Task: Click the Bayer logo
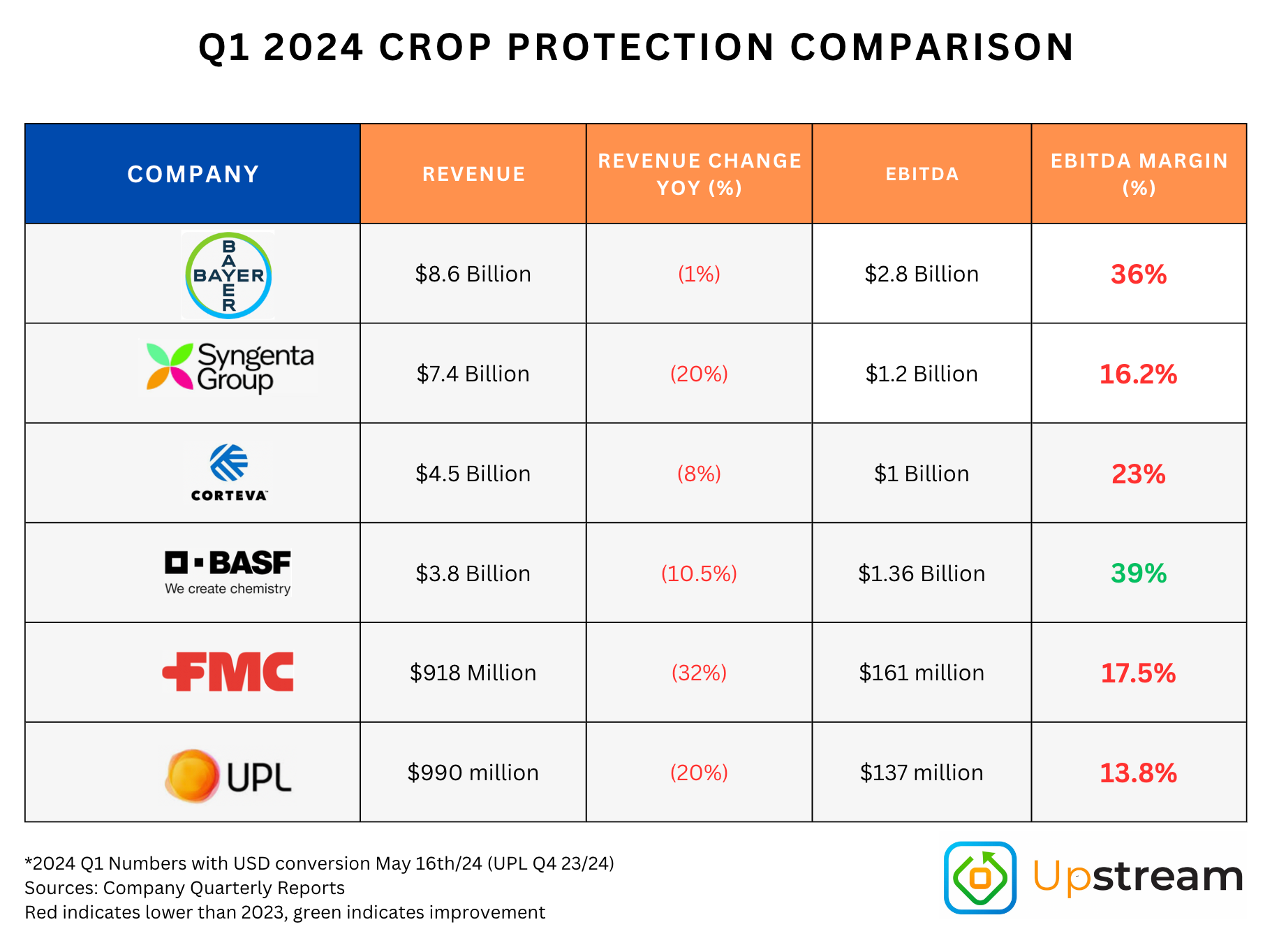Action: tap(228, 275)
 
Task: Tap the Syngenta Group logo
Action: tap(230, 367)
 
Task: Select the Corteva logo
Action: tap(229, 472)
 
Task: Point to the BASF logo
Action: tap(228, 572)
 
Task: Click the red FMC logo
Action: tap(228, 672)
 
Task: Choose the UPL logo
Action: tap(228, 775)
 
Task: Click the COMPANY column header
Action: tap(193, 174)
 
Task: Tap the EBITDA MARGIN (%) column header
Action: tap(1139, 174)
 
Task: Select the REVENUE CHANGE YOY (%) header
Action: tap(699, 174)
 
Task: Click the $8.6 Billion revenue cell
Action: tap(473, 274)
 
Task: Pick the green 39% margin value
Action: tap(1139, 573)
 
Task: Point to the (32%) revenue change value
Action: tap(699, 673)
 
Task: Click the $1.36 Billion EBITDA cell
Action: tap(922, 573)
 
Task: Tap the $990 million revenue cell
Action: tap(473, 773)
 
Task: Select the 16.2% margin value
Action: tap(1138, 374)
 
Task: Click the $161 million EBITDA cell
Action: tap(922, 673)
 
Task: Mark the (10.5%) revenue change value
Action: tap(699, 573)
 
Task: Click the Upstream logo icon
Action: tap(980, 877)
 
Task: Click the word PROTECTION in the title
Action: tap(641, 47)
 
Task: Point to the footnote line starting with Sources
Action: tap(184, 888)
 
